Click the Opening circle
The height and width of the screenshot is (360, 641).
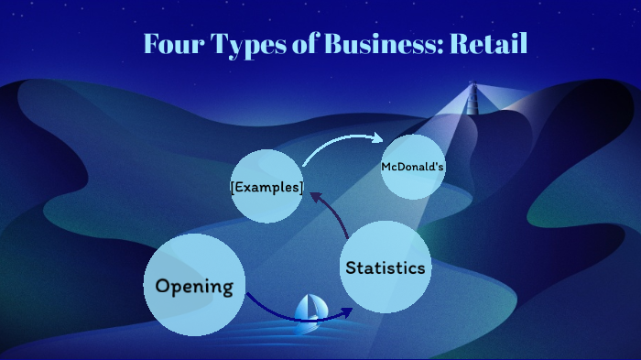point(195,285)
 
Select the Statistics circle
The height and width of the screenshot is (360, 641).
point(386,267)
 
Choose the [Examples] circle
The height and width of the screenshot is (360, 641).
point(266,186)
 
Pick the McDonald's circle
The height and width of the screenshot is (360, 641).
point(413,167)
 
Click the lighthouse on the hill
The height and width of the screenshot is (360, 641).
point(473,98)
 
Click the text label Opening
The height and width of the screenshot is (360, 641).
point(195,286)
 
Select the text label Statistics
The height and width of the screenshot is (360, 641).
point(386,268)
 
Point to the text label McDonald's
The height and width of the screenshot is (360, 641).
point(413,168)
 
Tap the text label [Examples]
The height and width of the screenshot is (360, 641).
point(266,187)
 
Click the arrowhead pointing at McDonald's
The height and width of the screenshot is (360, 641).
point(378,138)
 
